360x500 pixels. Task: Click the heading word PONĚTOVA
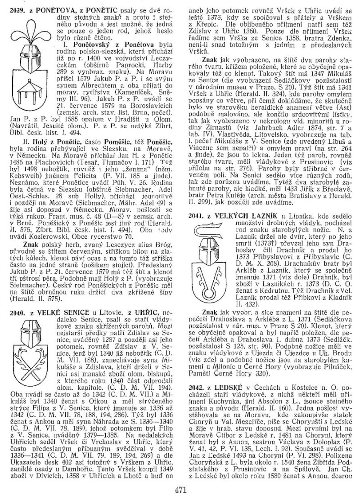pos(50,10)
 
